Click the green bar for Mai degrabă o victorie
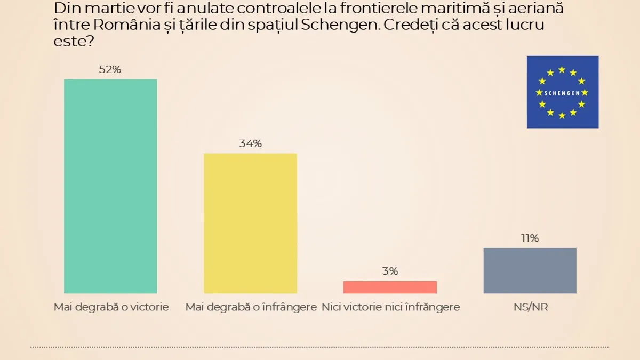click(110, 186)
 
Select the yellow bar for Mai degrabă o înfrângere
click(251, 223)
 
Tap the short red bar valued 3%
click(390, 287)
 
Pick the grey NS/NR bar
click(530, 270)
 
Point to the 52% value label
click(110, 69)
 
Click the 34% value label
click(250, 143)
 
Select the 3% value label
click(390, 271)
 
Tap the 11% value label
click(530, 238)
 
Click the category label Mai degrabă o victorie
click(111, 307)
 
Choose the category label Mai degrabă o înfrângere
click(247, 307)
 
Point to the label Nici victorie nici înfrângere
click(391, 307)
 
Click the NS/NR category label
click(530, 307)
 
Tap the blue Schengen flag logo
click(563, 92)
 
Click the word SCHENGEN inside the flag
click(562, 92)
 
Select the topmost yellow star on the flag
click(562, 69)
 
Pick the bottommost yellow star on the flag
click(562, 115)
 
